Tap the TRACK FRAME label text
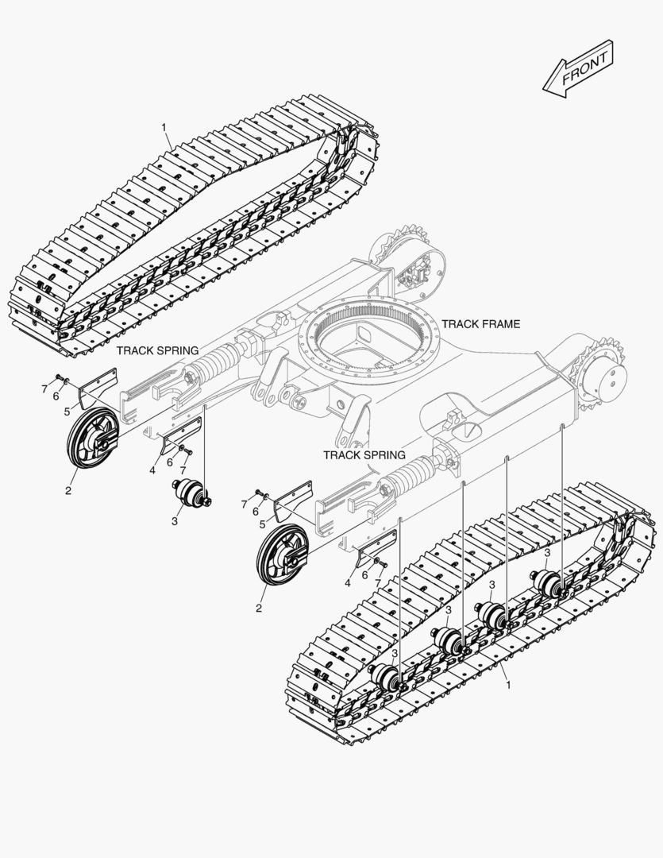pos(480,324)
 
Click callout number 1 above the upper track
pos(164,127)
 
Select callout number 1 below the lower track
pos(508,684)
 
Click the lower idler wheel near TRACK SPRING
pos(282,560)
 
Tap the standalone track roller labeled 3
pos(191,493)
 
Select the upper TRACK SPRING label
pos(158,350)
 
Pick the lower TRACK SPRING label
pos(364,455)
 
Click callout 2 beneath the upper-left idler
pos(68,491)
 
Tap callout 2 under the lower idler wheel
pos(259,609)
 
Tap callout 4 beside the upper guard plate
pos(151,470)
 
